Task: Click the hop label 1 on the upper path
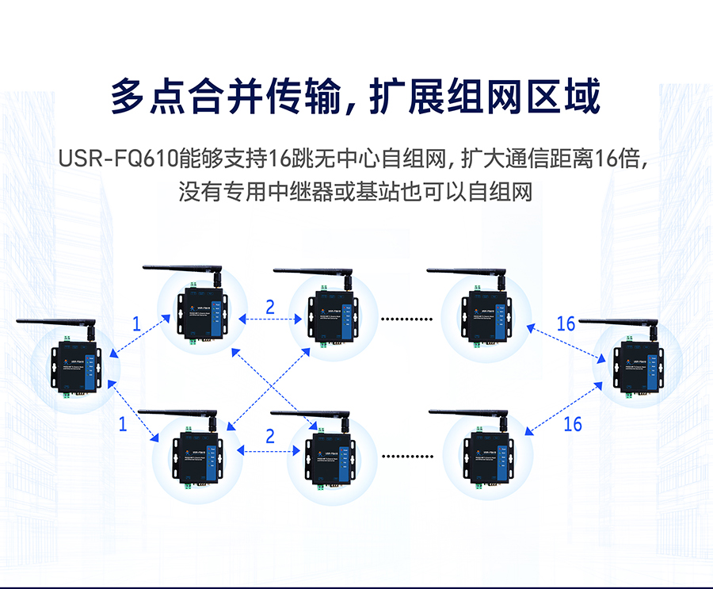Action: pyautogui.click(x=136, y=323)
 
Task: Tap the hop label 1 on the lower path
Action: pyautogui.click(x=123, y=424)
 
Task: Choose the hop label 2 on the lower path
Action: pyautogui.click(x=270, y=436)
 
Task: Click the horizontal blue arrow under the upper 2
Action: pyautogui.click(x=270, y=319)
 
